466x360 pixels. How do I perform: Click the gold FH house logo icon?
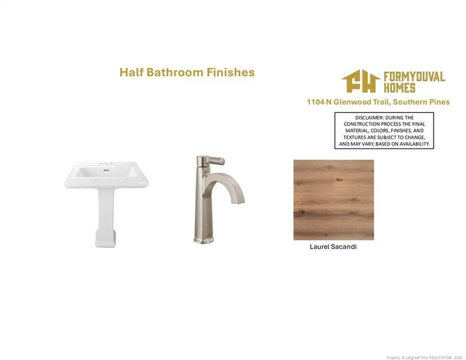[x=361, y=81]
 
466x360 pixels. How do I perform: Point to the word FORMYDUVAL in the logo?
[x=414, y=76]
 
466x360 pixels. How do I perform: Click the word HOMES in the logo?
[x=399, y=88]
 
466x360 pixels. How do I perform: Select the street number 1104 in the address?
[x=315, y=102]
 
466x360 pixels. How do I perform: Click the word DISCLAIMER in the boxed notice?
[x=369, y=118]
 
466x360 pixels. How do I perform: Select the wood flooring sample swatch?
[x=334, y=199]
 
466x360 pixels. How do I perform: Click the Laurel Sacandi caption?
[x=333, y=246]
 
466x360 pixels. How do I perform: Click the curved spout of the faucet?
[x=226, y=187]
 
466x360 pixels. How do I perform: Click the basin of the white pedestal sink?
[x=106, y=175]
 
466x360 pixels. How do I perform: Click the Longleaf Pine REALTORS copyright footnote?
[x=424, y=357]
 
